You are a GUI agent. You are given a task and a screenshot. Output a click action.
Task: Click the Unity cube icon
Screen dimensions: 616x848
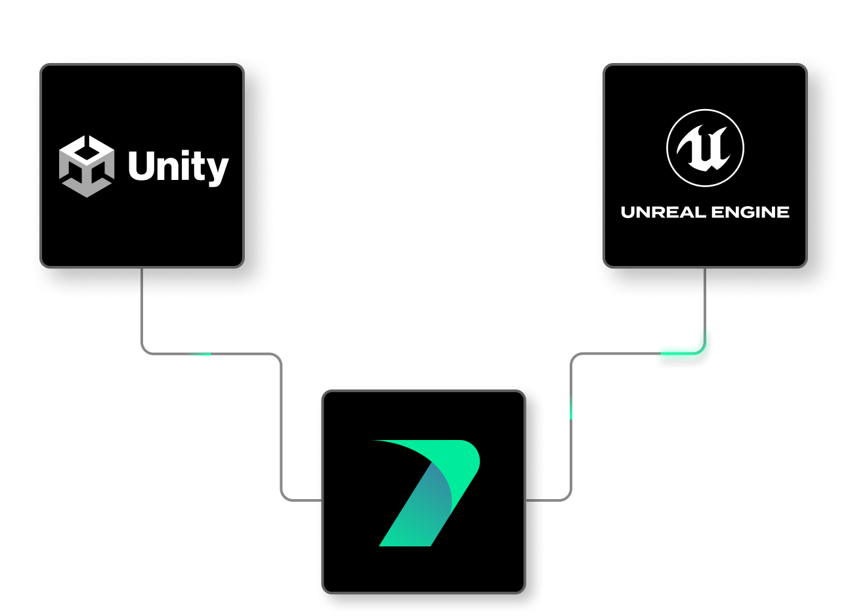(86, 166)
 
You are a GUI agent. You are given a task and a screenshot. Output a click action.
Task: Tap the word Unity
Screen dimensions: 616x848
(178, 167)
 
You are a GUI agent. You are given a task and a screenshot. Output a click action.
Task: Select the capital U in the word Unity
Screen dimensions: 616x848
(140, 166)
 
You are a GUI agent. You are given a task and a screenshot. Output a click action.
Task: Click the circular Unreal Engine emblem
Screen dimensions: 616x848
(705, 148)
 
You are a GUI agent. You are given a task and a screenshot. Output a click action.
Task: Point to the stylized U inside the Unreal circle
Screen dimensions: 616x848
(704, 148)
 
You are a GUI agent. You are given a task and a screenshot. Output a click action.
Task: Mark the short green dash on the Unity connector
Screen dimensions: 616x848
(199, 354)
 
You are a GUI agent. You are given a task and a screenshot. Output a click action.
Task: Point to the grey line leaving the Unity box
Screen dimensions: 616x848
(142, 309)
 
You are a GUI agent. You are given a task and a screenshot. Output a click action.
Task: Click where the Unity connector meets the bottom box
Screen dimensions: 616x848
(321, 500)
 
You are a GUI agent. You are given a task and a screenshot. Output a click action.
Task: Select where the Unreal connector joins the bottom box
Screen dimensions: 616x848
(527, 500)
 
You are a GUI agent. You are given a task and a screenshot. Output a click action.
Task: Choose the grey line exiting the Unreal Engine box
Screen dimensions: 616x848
(705, 296)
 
